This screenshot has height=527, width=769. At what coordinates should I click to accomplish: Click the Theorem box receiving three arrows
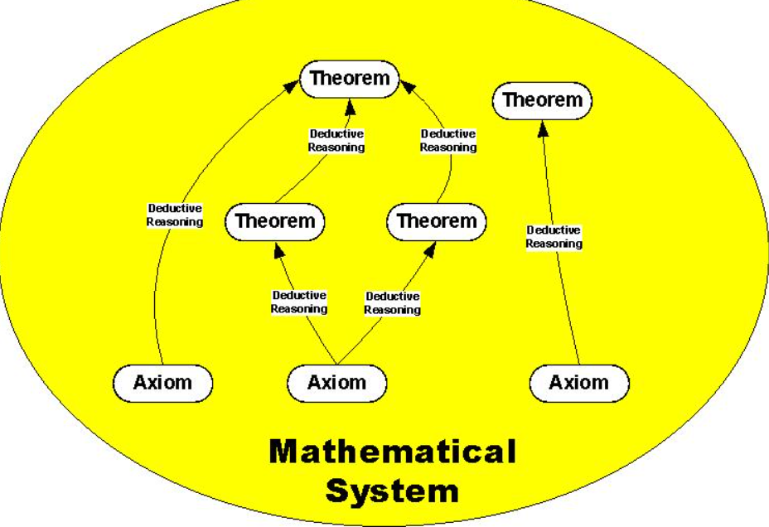(349, 79)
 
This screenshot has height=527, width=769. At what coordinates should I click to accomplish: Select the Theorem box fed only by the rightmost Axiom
(543, 100)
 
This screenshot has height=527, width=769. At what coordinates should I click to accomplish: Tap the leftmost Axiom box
(162, 383)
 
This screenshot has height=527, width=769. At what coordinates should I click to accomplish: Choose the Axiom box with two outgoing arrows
(336, 383)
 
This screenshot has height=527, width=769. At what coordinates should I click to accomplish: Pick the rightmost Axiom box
(578, 383)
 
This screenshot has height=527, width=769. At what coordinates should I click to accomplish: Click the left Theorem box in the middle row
(275, 221)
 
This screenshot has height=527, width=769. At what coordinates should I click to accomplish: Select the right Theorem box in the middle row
(437, 221)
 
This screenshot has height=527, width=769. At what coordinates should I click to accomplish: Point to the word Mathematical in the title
(392, 452)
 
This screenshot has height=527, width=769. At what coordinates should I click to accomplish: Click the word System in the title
(392, 491)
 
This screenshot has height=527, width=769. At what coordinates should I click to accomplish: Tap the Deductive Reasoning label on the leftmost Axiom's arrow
(175, 215)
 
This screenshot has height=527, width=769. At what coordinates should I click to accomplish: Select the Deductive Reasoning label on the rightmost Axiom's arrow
(554, 236)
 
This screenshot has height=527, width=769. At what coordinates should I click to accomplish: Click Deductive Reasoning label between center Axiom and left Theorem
(299, 302)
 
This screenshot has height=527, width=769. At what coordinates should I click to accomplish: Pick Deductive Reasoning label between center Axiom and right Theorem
(393, 302)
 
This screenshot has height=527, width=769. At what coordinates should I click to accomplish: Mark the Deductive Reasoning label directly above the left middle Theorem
(336, 140)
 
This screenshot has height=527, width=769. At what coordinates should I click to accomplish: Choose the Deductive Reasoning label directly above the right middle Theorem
(448, 140)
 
